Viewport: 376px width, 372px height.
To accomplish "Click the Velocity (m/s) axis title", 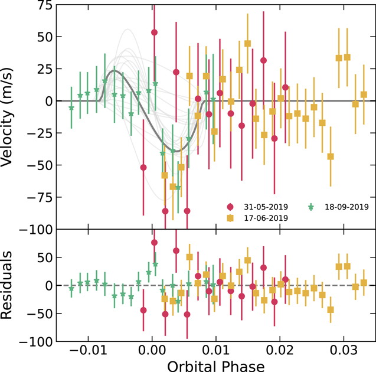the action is coord(6,117).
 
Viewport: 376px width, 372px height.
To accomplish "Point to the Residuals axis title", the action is coord(6,285).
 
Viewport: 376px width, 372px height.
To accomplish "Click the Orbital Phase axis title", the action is coord(216,366).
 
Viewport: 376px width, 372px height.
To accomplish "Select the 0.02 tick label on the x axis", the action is coord(280,350).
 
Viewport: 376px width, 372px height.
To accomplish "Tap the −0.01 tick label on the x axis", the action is coord(88,350).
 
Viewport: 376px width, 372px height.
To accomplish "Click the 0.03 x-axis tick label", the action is coord(344,350).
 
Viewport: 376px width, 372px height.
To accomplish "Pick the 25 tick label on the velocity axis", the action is coord(45,69).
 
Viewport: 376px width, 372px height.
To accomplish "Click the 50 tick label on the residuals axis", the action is coord(45,257).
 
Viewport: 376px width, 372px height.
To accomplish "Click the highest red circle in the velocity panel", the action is coord(154,32).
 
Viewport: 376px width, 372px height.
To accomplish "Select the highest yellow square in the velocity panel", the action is coord(247,44).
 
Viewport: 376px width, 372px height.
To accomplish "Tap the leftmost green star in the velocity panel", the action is coord(71,108).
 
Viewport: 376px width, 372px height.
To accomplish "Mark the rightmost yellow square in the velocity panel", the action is coord(364,94).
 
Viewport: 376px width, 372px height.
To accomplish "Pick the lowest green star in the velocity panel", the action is coord(178,188).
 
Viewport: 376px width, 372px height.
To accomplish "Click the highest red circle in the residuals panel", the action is coord(154,243).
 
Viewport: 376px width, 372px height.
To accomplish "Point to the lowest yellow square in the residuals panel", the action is coord(331,310).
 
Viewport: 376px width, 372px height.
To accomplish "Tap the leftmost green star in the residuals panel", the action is coord(71,289).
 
